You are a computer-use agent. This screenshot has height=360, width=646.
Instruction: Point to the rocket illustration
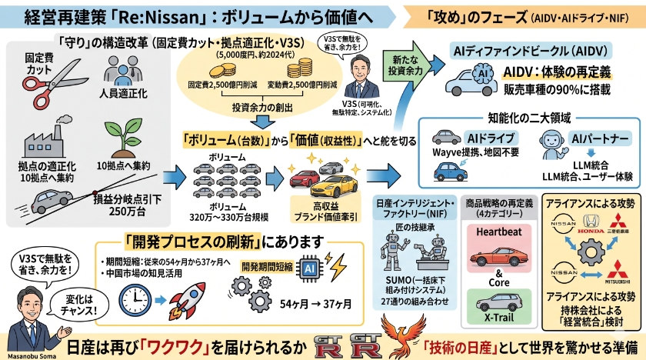tap(188, 292)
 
